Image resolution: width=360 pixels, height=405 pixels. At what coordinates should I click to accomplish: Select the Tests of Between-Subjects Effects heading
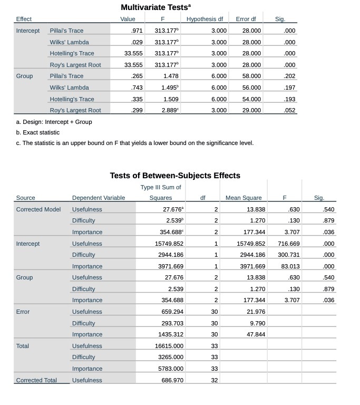click(x=174, y=176)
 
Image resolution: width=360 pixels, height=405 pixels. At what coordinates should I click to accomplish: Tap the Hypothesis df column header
click(x=207, y=19)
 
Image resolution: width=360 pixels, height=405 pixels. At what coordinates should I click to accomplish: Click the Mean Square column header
click(x=244, y=198)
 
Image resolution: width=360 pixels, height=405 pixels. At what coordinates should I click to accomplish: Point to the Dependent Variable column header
click(x=99, y=198)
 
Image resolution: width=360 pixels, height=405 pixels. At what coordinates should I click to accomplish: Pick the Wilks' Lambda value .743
click(x=136, y=88)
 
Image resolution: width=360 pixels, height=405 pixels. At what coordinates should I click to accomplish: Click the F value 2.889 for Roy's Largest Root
click(x=170, y=110)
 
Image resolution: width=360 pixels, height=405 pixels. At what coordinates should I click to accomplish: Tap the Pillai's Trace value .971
click(x=136, y=31)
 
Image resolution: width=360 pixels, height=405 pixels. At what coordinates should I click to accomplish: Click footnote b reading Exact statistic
click(x=37, y=132)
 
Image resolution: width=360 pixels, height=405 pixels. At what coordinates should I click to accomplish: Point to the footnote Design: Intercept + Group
click(x=54, y=122)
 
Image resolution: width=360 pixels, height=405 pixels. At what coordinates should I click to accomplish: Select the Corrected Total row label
click(x=36, y=380)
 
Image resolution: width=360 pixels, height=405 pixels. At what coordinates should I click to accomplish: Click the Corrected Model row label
click(x=38, y=209)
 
